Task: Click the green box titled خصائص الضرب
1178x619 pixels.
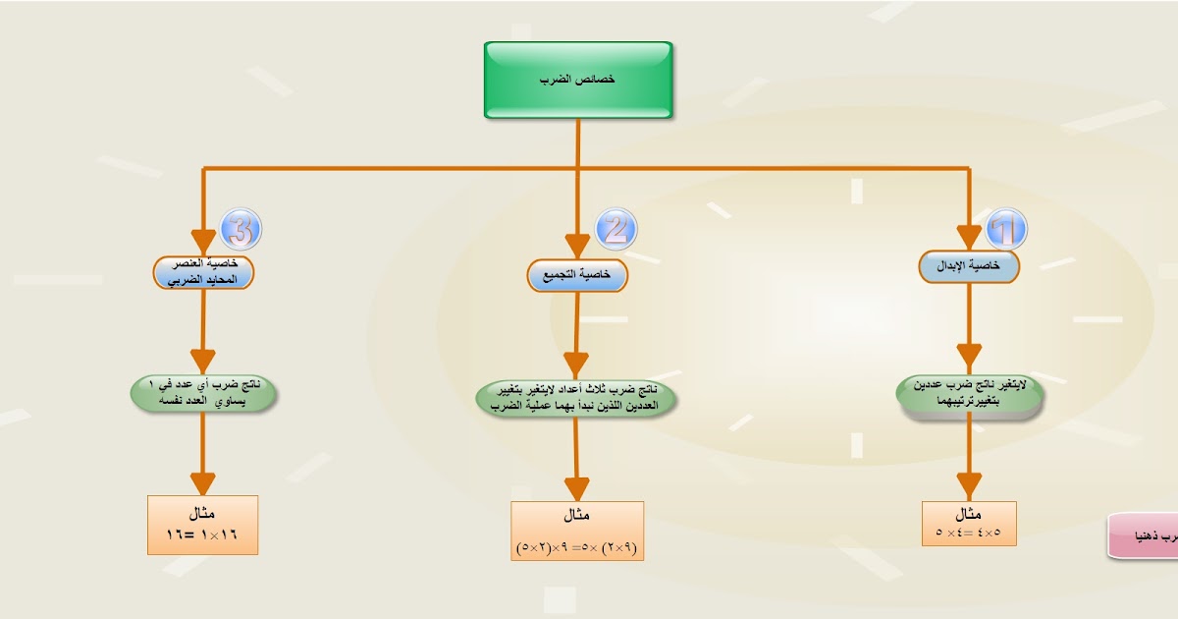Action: point(578,80)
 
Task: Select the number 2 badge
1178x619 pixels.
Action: point(616,228)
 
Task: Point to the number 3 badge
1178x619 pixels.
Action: point(241,230)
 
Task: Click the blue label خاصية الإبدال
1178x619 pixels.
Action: point(969,266)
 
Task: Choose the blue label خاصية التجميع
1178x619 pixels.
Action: point(577,275)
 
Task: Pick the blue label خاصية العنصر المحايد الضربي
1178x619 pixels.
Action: point(203,272)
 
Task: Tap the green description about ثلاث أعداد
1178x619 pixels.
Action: point(578,399)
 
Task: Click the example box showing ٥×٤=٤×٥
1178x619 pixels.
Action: point(969,524)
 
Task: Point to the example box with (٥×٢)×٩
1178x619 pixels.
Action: point(577,531)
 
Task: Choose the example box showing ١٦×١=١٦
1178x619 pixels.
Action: point(203,525)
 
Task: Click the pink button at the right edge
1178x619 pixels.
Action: point(1145,536)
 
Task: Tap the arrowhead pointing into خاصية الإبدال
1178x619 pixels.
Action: point(969,238)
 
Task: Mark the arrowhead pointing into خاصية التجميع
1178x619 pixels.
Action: point(577,246)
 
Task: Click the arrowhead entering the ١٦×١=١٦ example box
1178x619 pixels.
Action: point(203,483)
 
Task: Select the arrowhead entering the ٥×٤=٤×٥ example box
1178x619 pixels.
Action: point(969,486)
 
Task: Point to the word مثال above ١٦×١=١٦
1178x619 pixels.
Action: point(203,514)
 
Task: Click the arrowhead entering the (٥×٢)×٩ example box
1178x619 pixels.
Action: point(577,488)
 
